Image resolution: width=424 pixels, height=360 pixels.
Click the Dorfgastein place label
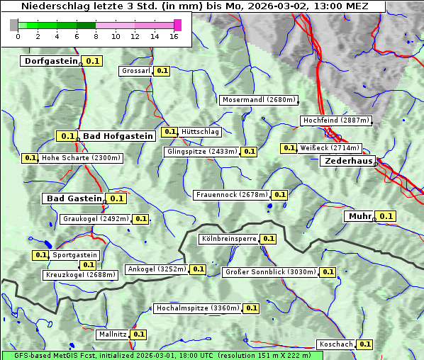(x=50, y=61)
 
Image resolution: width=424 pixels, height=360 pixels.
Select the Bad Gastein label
(x=74, y=198)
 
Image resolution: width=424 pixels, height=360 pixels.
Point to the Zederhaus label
(x=348, y=161)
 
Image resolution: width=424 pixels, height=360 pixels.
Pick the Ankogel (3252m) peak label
(x=156, y=269)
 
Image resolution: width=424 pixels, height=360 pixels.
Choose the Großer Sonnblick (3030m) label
(x=270, y=272)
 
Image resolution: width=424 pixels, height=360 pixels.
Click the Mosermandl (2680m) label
(x=258, y=100)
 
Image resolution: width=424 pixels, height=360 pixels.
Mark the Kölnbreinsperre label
(x=228, y=239)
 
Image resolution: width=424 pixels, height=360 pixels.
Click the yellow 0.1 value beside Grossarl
(x=162, y=71)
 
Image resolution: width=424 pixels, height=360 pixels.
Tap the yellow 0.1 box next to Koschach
(x=364, y=344)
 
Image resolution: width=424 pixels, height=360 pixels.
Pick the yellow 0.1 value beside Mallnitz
(x=138, y=334)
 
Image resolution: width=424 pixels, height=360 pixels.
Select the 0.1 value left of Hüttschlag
(x=169, y=132)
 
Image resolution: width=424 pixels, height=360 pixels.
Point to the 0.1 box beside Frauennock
(x=280, y=195)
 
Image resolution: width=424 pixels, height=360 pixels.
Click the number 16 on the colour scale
(x=174, y=36)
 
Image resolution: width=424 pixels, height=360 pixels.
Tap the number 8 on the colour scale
(x=96, y=36)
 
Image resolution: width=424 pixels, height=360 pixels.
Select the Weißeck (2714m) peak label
(x=330, y=148)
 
